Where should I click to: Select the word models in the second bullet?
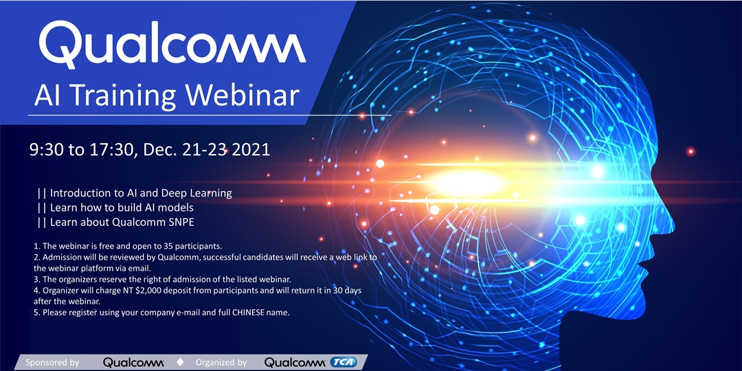click(x=179, y=207)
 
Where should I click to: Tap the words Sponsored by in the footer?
click(x=52, y=363)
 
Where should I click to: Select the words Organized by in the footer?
click(x=221, y=363)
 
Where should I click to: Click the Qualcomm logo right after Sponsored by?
click(x=133, y=363)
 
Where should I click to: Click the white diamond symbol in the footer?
click(x=180, y=363)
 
